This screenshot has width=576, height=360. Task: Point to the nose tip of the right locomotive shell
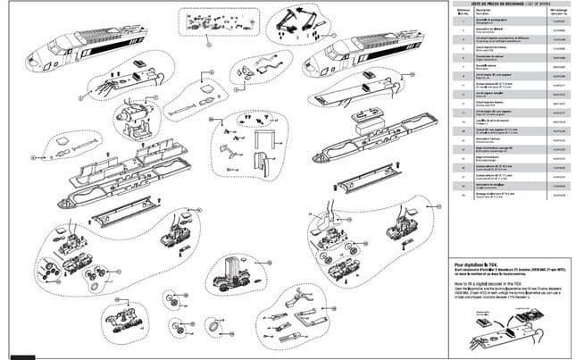tap(308, 63)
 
